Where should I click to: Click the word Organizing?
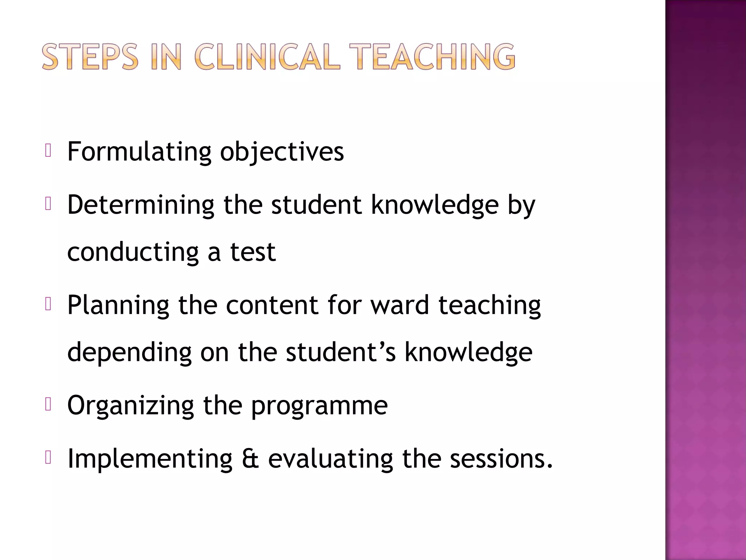pos(130,405)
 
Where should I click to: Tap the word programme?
pos(319,405)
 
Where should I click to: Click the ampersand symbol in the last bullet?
pos(250,459)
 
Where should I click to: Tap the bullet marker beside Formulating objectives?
pos(48,150)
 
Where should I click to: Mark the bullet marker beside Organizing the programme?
pos(48,404)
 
